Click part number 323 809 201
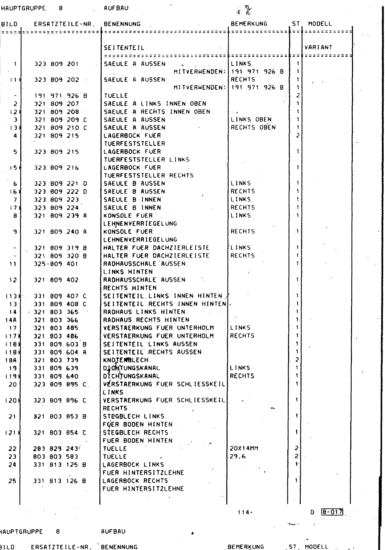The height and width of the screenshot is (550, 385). click(57, 64)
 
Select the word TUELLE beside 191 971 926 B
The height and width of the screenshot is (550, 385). click(116, 96)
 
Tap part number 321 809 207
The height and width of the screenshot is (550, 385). click(57, 103)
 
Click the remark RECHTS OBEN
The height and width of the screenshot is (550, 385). click(253, 128)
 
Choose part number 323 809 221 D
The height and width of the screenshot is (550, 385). click(60, 184)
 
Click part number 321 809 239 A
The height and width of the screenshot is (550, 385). click(60, 216)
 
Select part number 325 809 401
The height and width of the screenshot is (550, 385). click(57, 264)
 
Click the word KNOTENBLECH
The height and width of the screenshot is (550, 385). click(126, 360)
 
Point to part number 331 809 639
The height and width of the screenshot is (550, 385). click(56, 368)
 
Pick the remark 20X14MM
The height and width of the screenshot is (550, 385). click(244, 448)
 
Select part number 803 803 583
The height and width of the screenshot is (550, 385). click(56, 456)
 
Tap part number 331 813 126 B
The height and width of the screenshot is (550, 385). click(59, 481)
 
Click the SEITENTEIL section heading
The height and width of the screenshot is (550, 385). click(124, 48)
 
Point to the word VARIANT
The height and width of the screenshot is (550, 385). click(318, 47)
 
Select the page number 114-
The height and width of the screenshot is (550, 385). click(245, 512)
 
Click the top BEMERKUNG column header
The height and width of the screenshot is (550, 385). click(249, 24)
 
